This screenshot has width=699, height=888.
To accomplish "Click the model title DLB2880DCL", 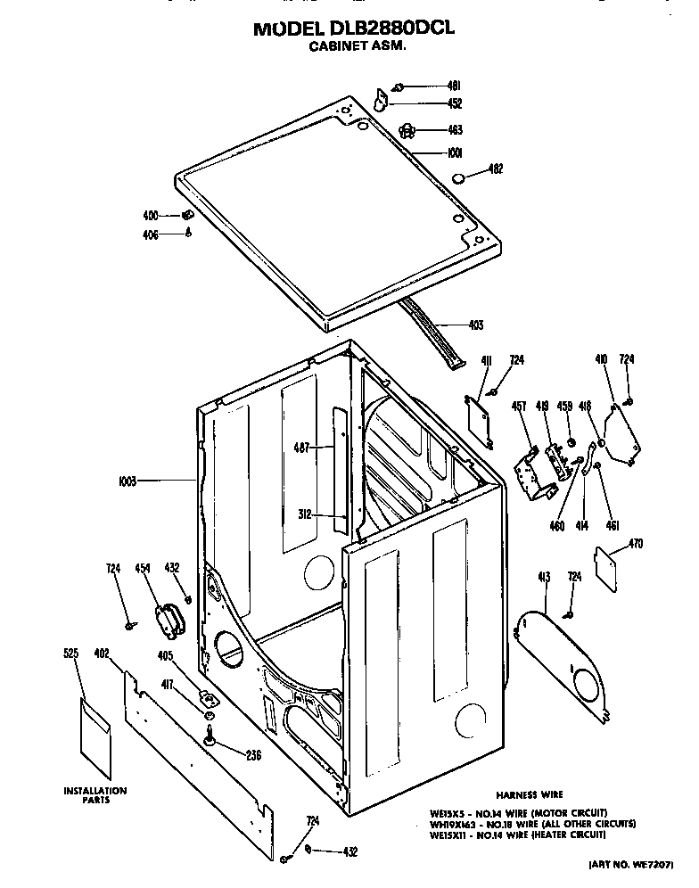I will [354, 29].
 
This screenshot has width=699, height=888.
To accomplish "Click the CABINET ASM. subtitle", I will [357, 49].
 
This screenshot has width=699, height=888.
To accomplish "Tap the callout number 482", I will [497, 169].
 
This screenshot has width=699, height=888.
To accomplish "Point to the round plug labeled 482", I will [459, 178].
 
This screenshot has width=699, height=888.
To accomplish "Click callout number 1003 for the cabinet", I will [127, 481].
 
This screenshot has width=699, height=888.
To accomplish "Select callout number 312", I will [303, 514].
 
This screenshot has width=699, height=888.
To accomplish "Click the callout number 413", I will [543, 578].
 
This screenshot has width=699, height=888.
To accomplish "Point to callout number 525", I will [71, 654].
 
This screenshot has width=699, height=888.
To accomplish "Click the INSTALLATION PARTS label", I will [95, 794].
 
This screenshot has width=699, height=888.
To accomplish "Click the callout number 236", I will [253, 756].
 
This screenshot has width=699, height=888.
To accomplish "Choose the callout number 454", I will [142, 568].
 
